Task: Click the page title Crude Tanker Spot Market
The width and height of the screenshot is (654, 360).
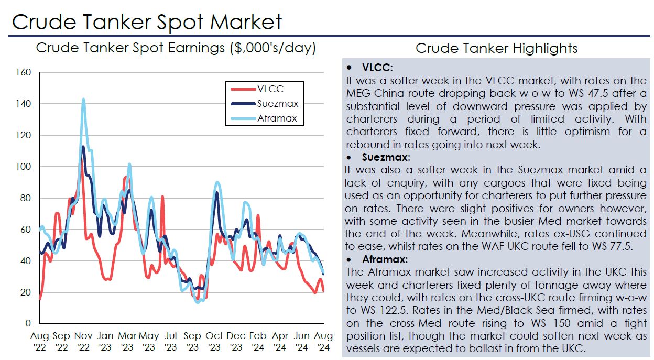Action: (x=147, y=22)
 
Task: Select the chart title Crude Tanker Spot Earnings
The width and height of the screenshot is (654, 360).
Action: (x=176, y=49)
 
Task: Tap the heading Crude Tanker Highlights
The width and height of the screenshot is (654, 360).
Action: (x=496, y=49)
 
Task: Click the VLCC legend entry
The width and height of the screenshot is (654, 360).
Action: (x=270, y=89)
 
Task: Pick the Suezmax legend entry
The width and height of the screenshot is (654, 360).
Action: (x=277, y=104)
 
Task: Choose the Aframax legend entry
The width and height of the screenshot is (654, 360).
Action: (x=277, y=118)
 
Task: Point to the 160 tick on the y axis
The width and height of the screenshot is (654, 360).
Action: (x=25, y=72)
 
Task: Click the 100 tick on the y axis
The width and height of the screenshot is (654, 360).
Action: (x=25, y=167)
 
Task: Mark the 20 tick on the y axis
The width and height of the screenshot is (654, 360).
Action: (x=27, y=292)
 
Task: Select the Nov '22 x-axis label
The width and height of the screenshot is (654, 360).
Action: (x=83, y=340)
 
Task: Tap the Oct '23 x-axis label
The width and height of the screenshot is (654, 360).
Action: (x=214, y=340)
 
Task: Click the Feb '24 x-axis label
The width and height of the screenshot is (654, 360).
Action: (x=258, y=340)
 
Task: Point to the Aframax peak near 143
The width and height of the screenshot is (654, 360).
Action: (x=83, y=99)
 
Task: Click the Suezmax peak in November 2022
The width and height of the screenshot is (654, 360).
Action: (x=83, y=147)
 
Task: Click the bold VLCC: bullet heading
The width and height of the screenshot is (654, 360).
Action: (x=377, y=68)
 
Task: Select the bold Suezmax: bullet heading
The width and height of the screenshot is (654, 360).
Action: (x=386, y=157)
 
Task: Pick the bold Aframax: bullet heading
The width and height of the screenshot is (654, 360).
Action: (x=385, y=259)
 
